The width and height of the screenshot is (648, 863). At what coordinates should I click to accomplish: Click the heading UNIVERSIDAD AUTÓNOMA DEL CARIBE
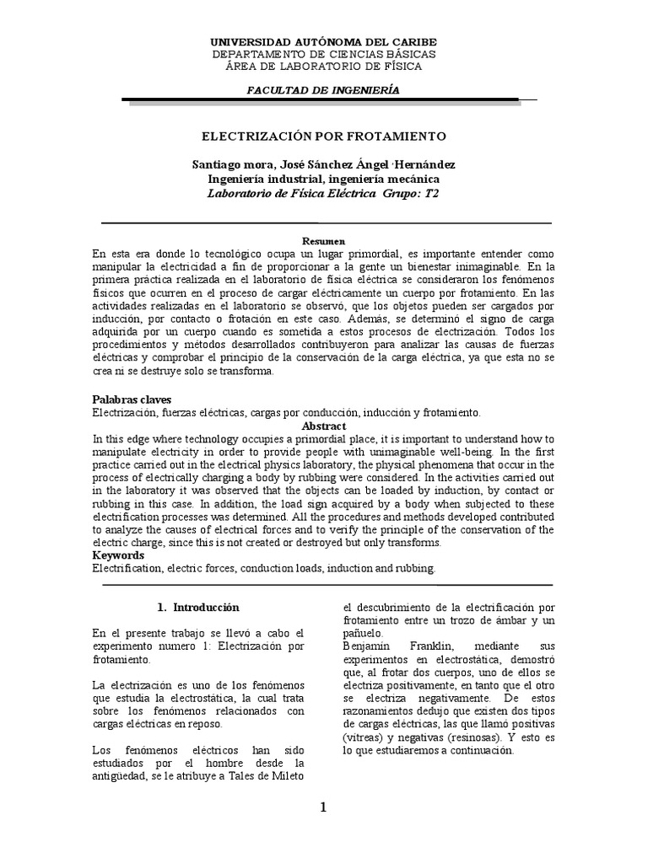coord(323,41)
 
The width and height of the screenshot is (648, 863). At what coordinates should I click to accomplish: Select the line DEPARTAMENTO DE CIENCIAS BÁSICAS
coord(323,54)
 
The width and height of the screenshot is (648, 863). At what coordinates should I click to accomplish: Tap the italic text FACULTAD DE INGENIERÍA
coord(323,90)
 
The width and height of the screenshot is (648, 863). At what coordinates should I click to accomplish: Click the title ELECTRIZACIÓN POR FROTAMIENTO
coord(323,136)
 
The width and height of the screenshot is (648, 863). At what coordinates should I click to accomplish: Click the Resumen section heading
coord(325,241)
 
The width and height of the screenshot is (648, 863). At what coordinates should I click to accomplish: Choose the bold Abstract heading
coord(324,426)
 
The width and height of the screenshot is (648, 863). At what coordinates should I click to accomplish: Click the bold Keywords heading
coord(118,555)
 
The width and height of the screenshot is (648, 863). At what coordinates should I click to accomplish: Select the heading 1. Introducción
coord(199,607)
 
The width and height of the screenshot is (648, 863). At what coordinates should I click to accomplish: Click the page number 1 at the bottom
coord(323,807)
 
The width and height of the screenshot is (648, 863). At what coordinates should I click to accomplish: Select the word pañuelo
coord(359,632)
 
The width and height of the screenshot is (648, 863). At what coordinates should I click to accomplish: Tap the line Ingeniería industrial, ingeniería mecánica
coord(323,179)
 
